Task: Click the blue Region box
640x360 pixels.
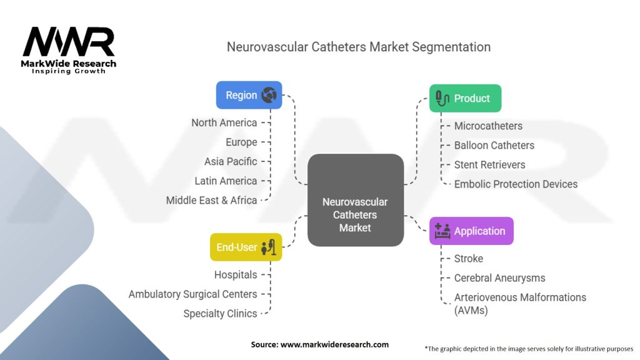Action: tap(249, 95)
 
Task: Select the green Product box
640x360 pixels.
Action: tap(465, 98)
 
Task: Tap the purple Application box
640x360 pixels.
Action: tap(471, 231)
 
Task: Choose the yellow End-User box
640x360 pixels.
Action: tap(246, 247)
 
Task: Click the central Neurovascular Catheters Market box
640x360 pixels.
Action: tap(356, 200)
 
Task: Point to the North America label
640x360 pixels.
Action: tap(224, 123)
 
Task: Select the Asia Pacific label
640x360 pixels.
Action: tap(231, 162)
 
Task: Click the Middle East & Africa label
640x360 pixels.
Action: tap(211, 201)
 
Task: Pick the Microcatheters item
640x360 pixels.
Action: tap(488, 126)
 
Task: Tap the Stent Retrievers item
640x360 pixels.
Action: tap(490, 165)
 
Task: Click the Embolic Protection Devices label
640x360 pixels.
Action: tap(516, 184)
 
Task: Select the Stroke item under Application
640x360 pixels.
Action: tap(469, 259)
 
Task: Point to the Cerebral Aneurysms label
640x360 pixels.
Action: tap(499, 278)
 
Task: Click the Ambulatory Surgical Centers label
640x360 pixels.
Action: tap(192, 294)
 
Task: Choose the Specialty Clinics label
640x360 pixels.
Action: tap(220, 314)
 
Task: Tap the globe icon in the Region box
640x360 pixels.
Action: tap(269, 95)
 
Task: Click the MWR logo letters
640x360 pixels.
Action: tap(69, 42)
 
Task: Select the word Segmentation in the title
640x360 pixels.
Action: tap(451, 47)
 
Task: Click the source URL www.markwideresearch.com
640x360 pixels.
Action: tap(334, 344)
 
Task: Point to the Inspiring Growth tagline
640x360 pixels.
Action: tap(69, 71)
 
